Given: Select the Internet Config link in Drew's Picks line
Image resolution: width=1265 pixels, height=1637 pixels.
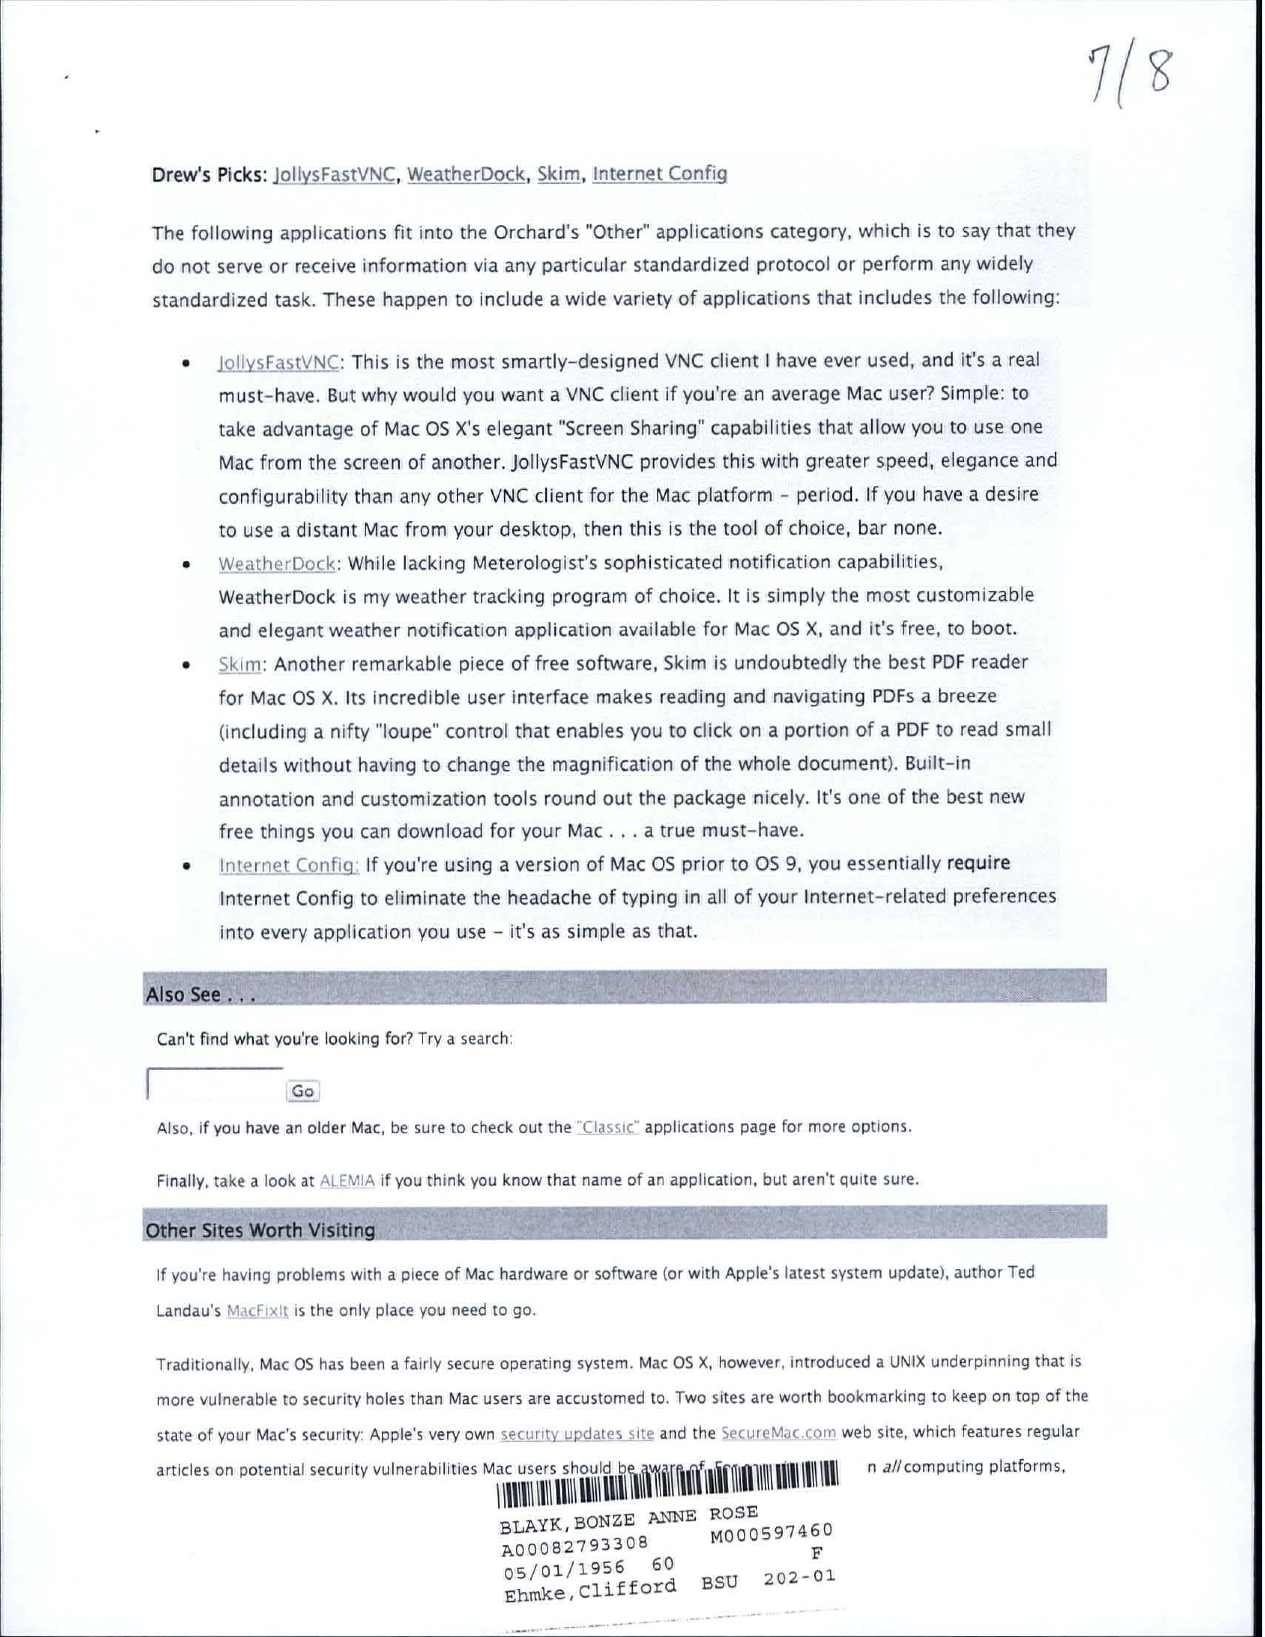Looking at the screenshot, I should [660, 174].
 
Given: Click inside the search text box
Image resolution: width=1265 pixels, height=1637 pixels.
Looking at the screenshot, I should [216, 1084].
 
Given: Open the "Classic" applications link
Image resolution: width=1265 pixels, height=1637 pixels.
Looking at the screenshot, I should [608, 1128].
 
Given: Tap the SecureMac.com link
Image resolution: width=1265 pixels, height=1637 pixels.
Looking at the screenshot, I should [778, 1433].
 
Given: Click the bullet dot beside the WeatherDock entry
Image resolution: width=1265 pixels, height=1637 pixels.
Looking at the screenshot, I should [184, 565].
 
